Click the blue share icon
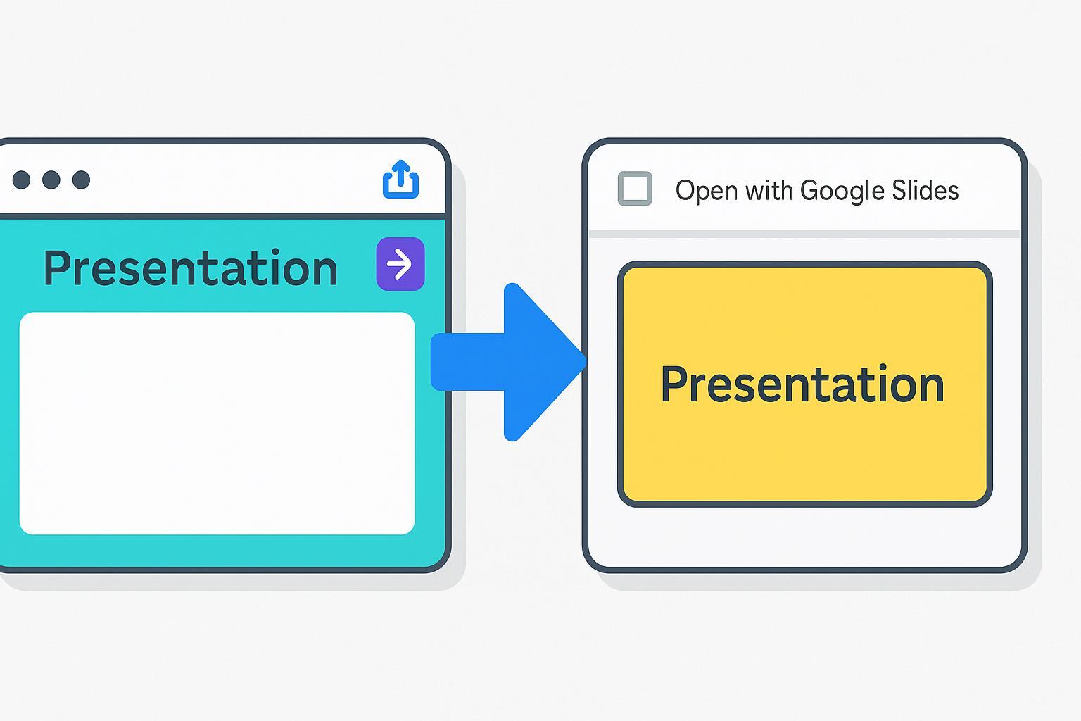(x=400, y=179)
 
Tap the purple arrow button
(x=400, y=263)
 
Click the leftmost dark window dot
(x=21, y=180)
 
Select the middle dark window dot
(x=51, y=180)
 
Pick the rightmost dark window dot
(x=81, y=180)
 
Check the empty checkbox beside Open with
(x=635, y=188)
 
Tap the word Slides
(x=925, y=190)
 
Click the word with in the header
(x=769, y=190)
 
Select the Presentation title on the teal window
(x=191, y=268)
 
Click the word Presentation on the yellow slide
(x=802, y=384)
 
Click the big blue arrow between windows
(x=508, y=362)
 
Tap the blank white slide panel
(x=217, y=423)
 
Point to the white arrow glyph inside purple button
(x=400, y=264)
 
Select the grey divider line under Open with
(x=804, y=234)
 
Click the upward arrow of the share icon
(x=400, y=173)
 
